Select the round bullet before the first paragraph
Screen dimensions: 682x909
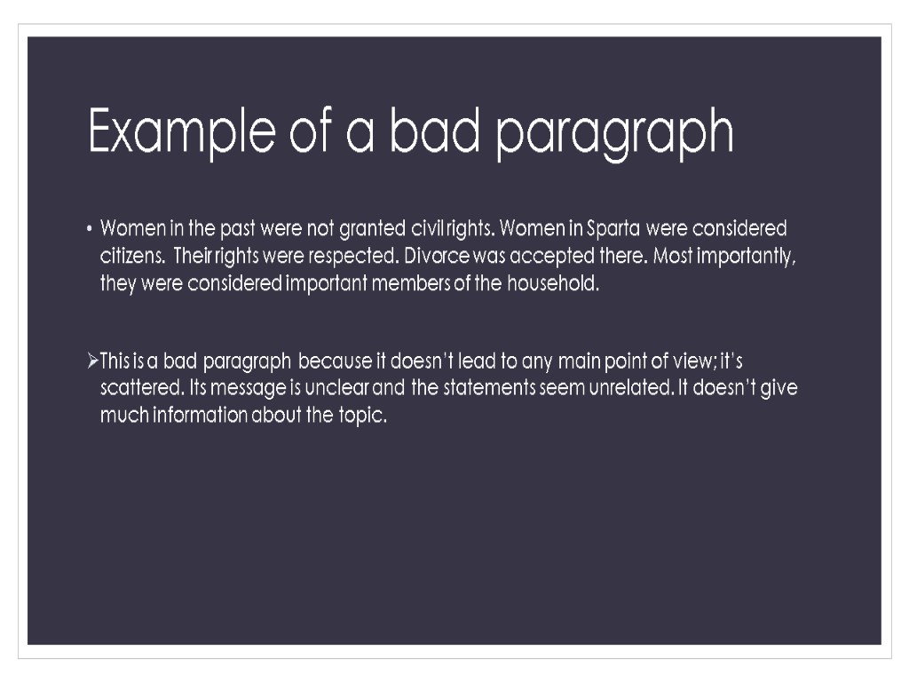(x=90, y=230)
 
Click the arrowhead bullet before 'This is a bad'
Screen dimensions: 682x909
(x=92, y=361)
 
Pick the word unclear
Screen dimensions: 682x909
(x=344, y=389)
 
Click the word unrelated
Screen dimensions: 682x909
(x=626, y=389)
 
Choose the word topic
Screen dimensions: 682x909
(x=362, y=416)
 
